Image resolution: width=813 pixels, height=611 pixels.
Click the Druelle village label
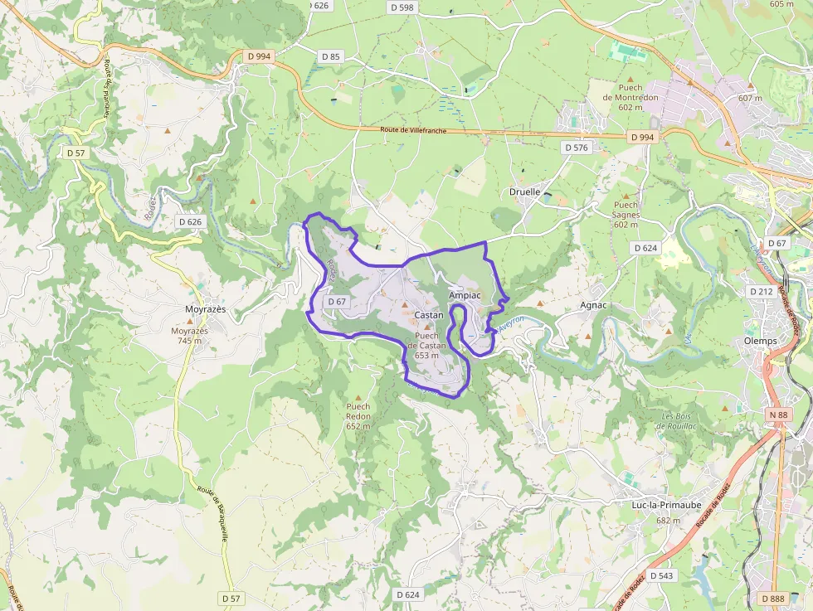coord(523,192)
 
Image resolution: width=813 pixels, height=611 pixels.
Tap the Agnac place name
coord(593,305)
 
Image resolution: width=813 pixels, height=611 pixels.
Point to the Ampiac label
coord(464,295)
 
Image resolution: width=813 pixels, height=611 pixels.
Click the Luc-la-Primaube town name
coord(667,503)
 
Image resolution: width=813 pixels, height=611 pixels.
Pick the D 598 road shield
coord(401,7)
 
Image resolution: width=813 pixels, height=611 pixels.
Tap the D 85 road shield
coord(330,56)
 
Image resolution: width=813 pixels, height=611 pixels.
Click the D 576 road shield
coord(576,148)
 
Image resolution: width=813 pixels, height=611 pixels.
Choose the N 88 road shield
coord(777,415)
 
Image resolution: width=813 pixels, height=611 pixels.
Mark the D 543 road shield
coord(661,575)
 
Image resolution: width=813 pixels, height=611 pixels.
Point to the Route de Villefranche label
coord(414,130)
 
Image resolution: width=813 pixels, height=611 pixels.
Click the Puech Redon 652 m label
coord(358,416)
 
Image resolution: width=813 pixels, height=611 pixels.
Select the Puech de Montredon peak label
coord(636,97)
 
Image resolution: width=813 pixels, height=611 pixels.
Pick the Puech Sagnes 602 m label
coord(626,215)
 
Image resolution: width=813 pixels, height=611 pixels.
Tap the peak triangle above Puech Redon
coord(358,397)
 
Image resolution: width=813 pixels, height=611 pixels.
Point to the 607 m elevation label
coord(749,98)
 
